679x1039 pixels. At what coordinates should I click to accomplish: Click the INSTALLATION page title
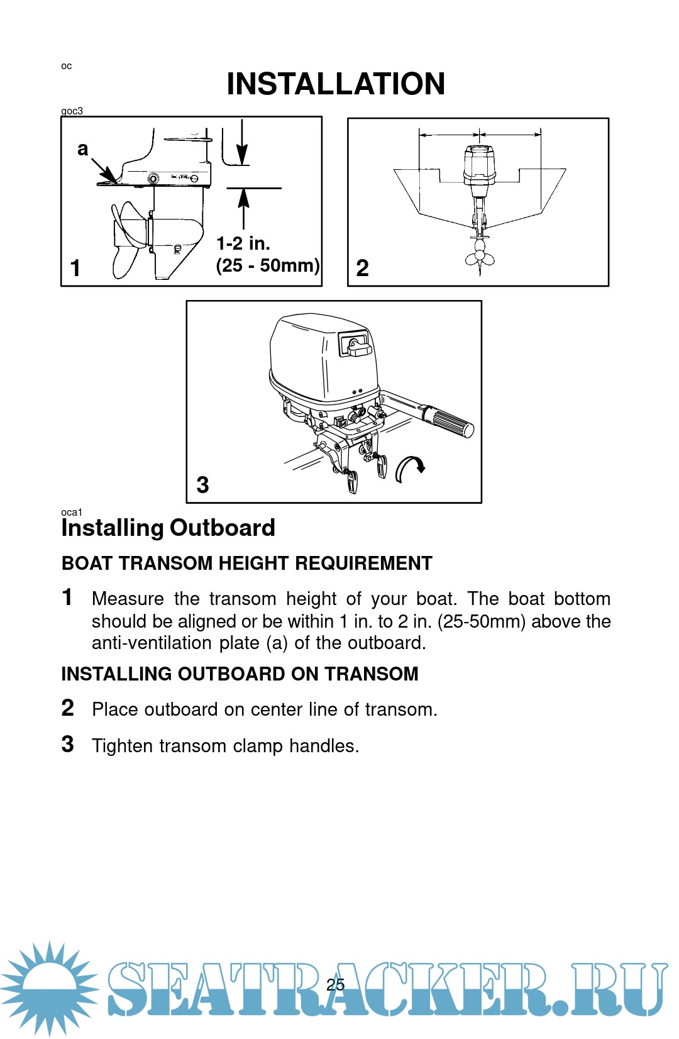tap(336, 84)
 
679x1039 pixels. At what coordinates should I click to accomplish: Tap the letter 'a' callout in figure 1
tap(82, 149)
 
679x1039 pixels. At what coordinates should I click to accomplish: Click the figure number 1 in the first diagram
tap(75, 269)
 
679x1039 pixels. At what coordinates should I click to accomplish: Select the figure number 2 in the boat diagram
tap(362, 269)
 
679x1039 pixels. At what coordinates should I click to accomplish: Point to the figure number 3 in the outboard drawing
tap(202, 485)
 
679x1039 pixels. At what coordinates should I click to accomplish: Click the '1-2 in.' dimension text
tap(243, 243)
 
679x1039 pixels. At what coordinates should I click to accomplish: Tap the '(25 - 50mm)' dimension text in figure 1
tap(268, 265)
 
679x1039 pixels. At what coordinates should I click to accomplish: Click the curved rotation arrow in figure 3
tap(409, 469)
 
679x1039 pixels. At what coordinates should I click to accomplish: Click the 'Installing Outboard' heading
tap(168, 528)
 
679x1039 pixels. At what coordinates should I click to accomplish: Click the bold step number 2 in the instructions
tap(68, 708)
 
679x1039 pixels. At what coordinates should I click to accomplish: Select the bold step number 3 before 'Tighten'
tap(68, 745)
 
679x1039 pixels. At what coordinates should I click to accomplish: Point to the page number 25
tap(336, 984)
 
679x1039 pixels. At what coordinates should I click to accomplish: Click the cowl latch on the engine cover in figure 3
tap(356, 345)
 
